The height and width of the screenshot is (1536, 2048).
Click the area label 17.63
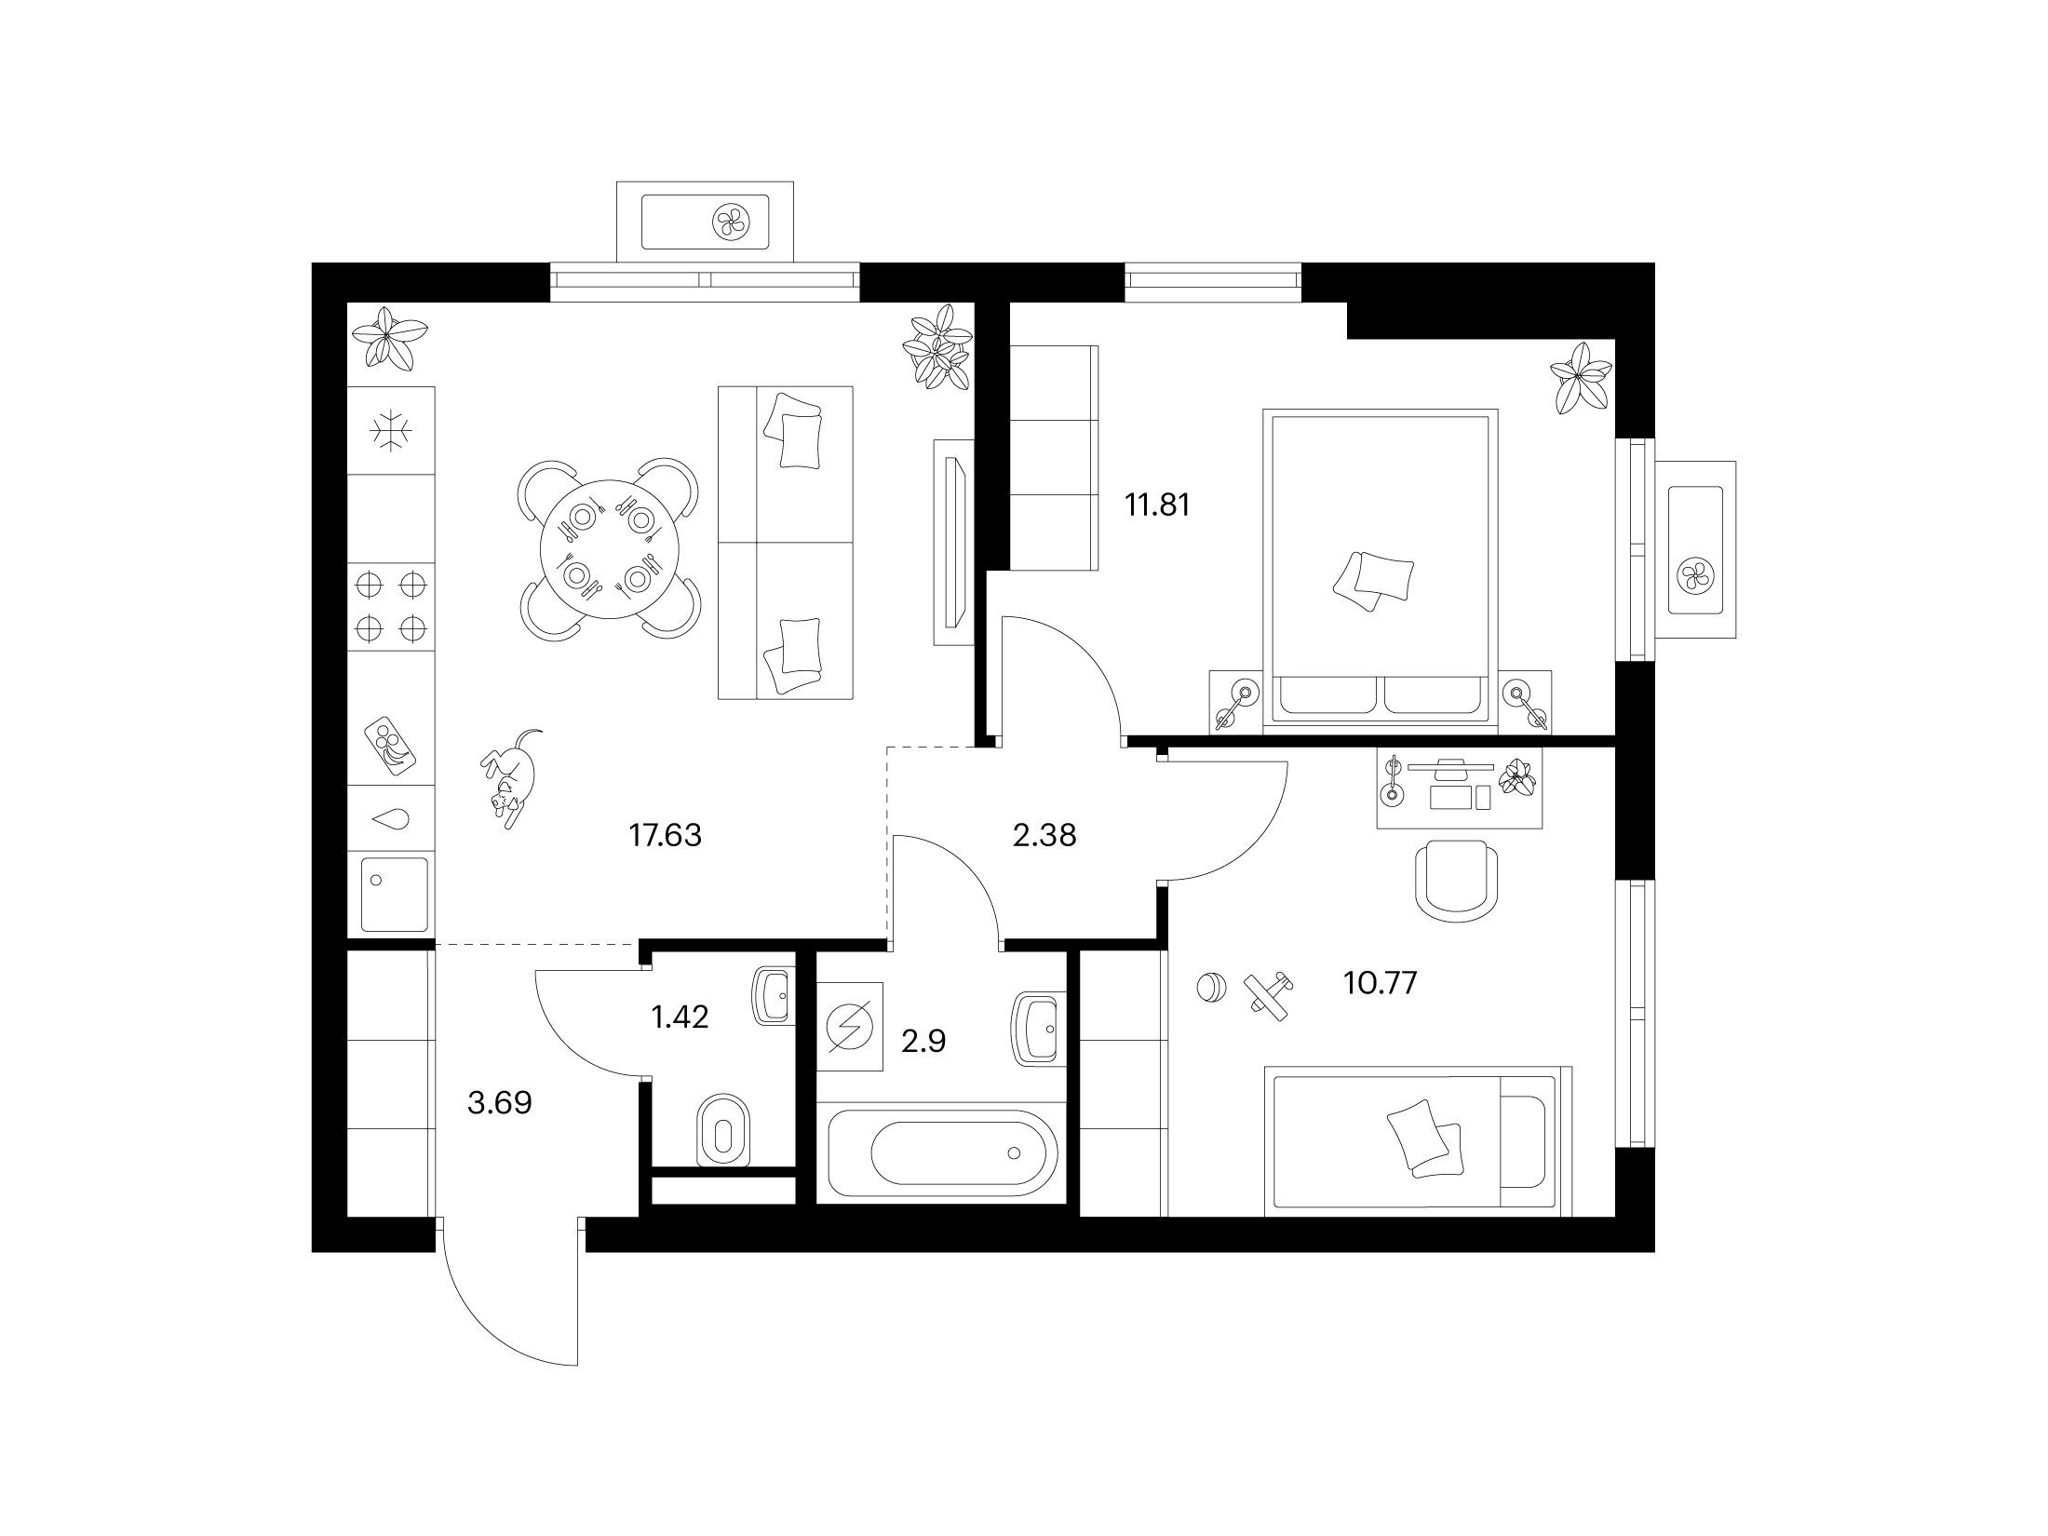point(666,836)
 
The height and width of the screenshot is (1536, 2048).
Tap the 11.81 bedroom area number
point(1157,505)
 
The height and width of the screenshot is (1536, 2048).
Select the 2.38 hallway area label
point(1044,836)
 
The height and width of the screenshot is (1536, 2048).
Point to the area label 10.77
point(1380,982)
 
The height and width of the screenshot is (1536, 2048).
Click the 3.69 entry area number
point(500,1103)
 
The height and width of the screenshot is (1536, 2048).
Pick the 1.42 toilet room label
point(680,1017)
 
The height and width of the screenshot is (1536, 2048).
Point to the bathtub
point(940,1152)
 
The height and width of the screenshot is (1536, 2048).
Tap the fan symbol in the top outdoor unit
point(729,222)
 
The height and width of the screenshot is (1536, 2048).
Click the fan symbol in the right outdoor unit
point(1695,577)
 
